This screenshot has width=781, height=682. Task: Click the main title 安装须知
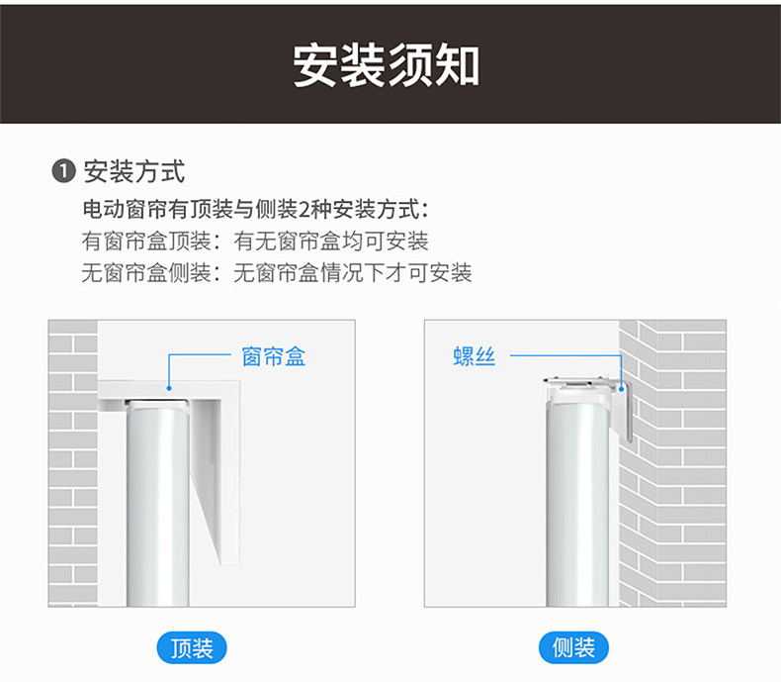click(x=386, y=65)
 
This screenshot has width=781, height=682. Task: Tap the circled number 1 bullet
click(x=63, y=171)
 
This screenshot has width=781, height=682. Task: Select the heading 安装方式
click(x=134, y=171)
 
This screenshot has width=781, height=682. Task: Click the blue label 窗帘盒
click(x=274, y=357)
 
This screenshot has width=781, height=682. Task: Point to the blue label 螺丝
click(x=475, y=356)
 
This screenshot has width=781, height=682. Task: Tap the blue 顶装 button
click(x=192, y=648)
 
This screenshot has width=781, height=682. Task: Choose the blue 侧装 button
click(x=573, y=647)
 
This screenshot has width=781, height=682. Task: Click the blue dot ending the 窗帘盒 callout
click(x=169, y=388)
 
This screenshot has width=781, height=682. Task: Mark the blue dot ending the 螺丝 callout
click(x=621, y=389)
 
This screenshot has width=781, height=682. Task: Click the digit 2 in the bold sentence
click(x=304, y=210)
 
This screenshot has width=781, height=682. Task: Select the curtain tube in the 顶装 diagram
click(x=158, y=504)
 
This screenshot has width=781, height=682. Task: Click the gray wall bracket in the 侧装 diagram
click(x=626, y=410)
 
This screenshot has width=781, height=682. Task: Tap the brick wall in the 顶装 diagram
click(x=73, y=463)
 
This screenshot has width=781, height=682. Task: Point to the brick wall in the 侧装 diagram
click(x=672, y=463)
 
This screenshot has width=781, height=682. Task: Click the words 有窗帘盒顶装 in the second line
click(x=146, y=242)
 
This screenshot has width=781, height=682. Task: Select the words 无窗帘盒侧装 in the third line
click(x=146, y=273)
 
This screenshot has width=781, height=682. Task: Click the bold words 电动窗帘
click(x=125, y=210)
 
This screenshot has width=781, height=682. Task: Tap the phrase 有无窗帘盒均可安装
click(x=331, y=242)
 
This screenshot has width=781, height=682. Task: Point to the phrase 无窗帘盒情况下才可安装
click(x=353, y=273)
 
